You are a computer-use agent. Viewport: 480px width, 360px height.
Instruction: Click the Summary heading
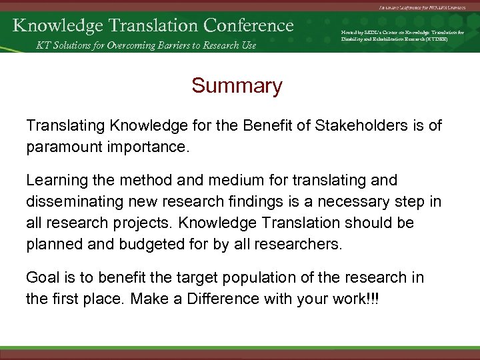[237, 86]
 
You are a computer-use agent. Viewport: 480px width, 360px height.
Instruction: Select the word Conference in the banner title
[249, 25]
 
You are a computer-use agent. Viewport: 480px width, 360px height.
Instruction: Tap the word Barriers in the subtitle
[173, 45]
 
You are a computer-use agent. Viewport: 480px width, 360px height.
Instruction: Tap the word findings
[273, 201]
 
